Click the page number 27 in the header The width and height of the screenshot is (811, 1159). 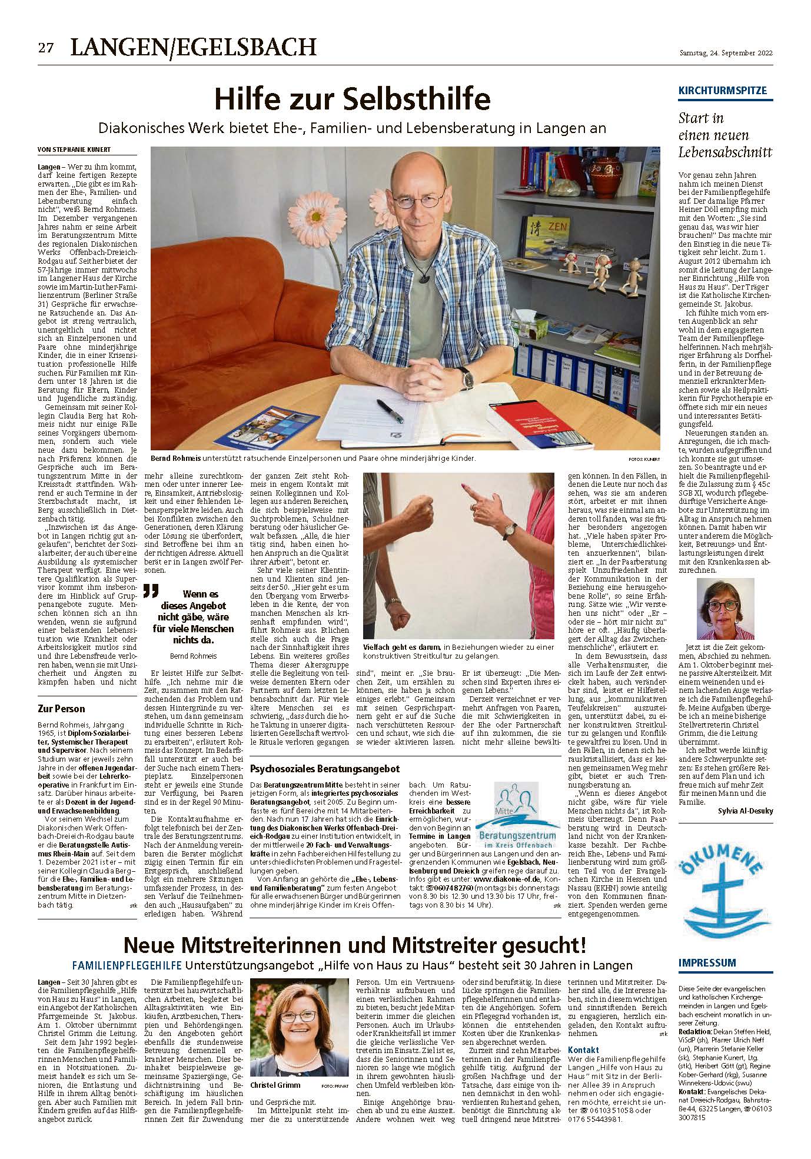click(46, 48)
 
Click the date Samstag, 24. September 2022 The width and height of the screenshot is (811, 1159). click(726, 53)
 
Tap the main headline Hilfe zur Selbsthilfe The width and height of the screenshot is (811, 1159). click(352, 99)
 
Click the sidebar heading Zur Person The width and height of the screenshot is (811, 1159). click(61, 709)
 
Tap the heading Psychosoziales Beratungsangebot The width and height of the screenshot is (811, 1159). click(325, 769)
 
